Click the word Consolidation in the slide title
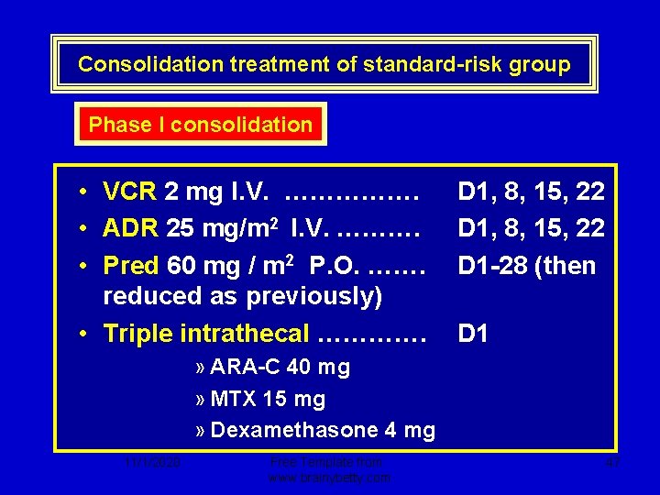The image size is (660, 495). tap(137, 64)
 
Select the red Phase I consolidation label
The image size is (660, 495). tap(201, 125)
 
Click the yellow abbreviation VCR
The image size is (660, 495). tap(129, 191)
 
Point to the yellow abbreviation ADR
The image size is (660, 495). tap(129, 228)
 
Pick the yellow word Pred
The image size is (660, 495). tap(131, 266)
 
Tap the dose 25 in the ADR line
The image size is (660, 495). tap(180, 228)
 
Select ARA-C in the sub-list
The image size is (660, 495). tap(246, 368)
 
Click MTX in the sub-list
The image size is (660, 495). tap(233, 399)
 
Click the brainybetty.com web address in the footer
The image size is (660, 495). tap(330, 478)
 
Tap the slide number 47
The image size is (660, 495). tap(613, 464)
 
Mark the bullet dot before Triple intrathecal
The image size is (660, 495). tap(83, 334)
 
